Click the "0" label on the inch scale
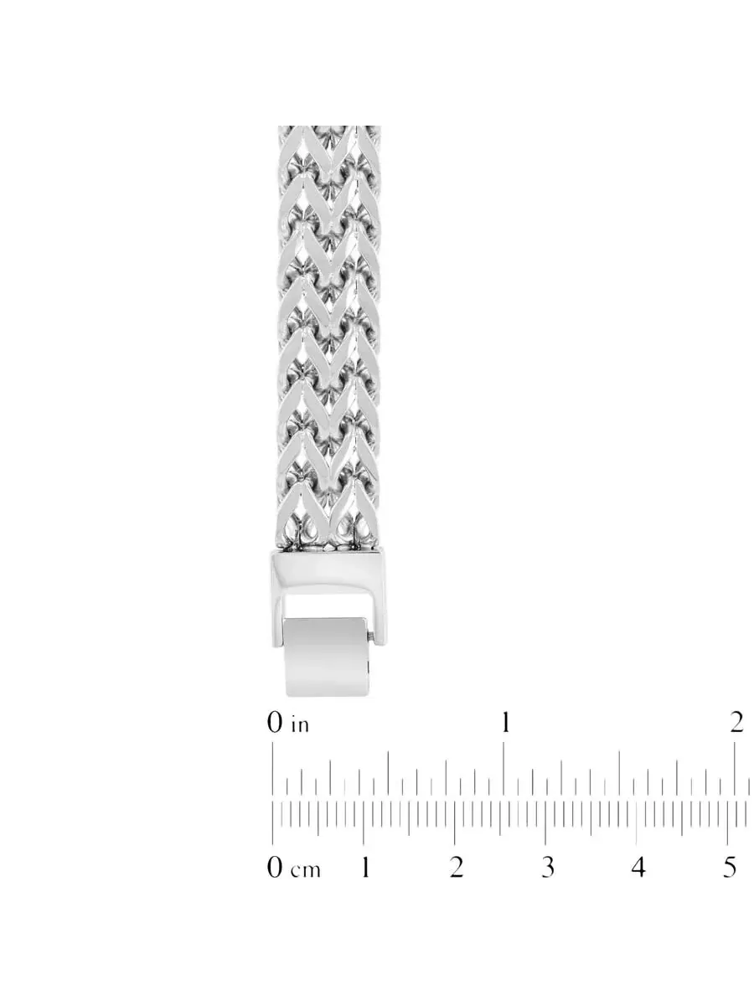click(275, 723)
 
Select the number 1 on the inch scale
click(505, 723)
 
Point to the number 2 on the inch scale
click(736, 723)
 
